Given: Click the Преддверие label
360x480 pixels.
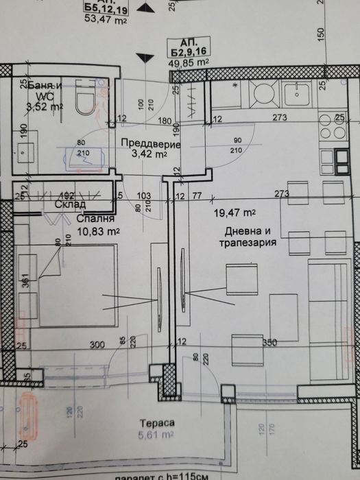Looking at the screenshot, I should [x=149, y=145].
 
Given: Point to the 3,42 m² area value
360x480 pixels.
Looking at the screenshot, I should [x=148, y=156].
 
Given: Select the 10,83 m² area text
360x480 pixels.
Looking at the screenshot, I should [x=79, y=232].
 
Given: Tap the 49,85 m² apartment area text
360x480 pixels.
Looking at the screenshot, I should [x=189, y=62].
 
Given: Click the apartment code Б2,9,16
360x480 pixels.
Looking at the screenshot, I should [x=189, y=50].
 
